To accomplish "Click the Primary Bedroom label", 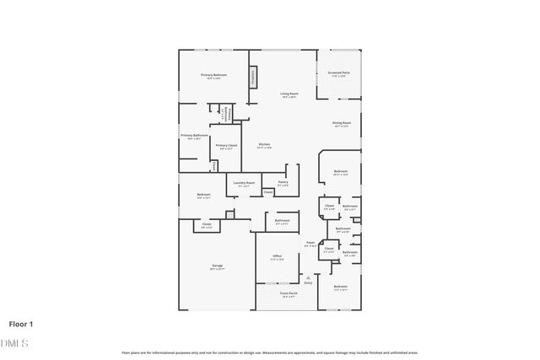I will pos(213,76).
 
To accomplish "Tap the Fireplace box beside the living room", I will pos(251,77).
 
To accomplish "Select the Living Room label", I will pos(288,94).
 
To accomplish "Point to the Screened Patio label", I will pos(339,73).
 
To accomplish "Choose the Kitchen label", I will pos(264,145).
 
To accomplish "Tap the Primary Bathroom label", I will pos(193,136).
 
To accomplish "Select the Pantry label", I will pos(283,183).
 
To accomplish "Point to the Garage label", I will pos(217,266).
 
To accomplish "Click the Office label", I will pos(277,256).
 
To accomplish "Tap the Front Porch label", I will pos(289,294).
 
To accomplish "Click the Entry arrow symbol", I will pos(307,277).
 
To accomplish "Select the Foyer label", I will pos(310,244).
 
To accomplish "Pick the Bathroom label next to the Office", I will pos(282,222).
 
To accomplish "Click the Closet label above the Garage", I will pos(206,224).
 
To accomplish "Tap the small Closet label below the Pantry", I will pos(267,193).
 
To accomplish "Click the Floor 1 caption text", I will pos(21,323).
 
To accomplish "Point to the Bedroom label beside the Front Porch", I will pos(340,287).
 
